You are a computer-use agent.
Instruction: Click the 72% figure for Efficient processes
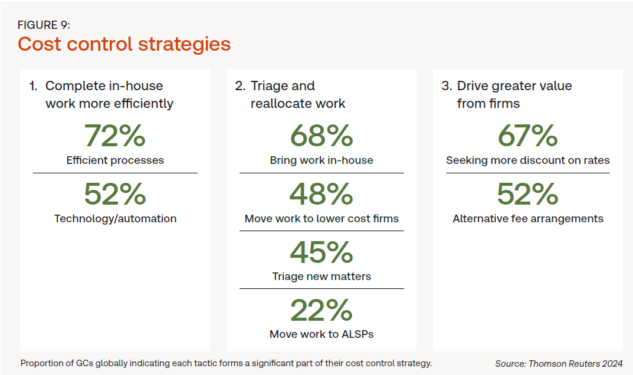pos(114,136)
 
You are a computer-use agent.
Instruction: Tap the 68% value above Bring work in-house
pos(322,136)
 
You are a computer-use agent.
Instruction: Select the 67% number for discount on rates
pos(527,136)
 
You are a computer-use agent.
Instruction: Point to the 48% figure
pos(322,194)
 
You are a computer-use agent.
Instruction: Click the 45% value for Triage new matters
pos(322,252)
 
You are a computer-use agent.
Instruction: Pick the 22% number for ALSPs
pos(322,310)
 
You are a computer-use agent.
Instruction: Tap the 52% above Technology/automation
pos(114,194)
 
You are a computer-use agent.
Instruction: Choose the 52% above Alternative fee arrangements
pos(527,194)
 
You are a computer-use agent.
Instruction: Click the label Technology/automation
pos(116,219)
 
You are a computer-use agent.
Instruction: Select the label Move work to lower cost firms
pos(322,218)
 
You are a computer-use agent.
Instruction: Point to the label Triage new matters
pos(322,277)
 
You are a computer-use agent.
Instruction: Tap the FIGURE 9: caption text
pos(44,25)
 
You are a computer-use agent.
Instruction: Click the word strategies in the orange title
pos(185,44)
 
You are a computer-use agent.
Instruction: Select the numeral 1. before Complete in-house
pos(33,86)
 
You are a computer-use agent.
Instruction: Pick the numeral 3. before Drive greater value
pos(447,86)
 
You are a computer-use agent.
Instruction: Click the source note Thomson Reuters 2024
pos(576,364)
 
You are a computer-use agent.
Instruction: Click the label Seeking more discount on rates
pos(527,160)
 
